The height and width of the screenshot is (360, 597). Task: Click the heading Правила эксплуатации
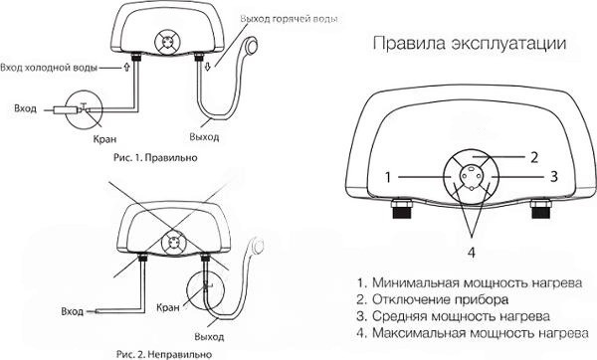pyautogui.click(x=469, y=44)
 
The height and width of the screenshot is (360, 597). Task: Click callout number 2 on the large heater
pyautogui.click(x=534, y=157)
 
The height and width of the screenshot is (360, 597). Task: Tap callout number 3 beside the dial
pyautogui.click(x=554, y=176)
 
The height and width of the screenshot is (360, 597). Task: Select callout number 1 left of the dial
pyautogui.click(x=388, y=177)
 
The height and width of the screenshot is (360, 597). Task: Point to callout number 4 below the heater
pyautogui.click(x=472, y=253)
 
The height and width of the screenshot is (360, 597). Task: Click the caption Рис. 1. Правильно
pyautogui.click(x=155, y=157)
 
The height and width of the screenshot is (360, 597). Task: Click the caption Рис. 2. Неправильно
pyautogui.click(x=164, y=354)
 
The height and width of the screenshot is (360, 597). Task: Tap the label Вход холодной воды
pyautogui.click(x=49, y=68)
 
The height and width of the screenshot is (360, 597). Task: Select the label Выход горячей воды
pyautogui.click(x=289, y=20)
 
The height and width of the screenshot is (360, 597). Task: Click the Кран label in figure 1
pyautogui.click(x=104, y=139)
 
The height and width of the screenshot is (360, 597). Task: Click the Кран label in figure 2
pyautogui.click(x=168, y=307)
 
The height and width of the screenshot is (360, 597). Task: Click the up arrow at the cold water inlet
pyautogui.click(x=126, y=68)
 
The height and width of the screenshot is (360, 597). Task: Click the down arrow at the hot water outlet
pyautogui.click(x=208, y=68)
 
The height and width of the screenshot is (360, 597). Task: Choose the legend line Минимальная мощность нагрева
pyautogui.click(x=470, y=283)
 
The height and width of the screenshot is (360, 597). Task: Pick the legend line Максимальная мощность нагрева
pyautogui.click(x=473, y=333)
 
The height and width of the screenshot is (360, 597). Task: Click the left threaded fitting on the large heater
pyautogui.click(x=401, y=208)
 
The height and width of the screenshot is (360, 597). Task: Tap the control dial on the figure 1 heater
pyautogui.click(x=167, y=42)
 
